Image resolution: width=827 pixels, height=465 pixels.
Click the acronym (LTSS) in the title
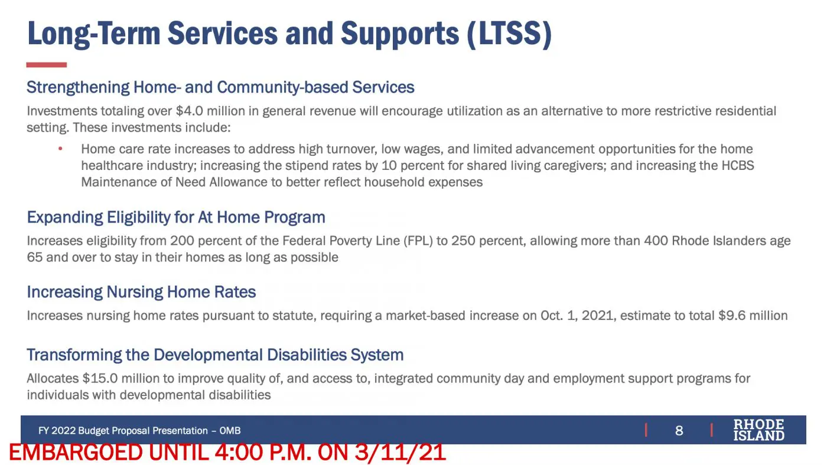[x=509, y=34]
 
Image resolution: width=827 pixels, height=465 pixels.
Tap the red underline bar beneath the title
[x=47, y=65]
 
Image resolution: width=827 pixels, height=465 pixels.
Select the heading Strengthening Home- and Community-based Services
[x=220, y=87]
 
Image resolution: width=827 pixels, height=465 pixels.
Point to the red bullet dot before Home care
[x=60, y=149]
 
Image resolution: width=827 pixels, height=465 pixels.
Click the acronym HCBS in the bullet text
[x=737, y=166]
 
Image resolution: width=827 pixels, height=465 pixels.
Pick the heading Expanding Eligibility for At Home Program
[x=176, y=217]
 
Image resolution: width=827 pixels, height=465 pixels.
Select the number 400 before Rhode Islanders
[x=656, y=241]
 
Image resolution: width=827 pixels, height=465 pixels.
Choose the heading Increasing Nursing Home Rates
[x=141, y=292]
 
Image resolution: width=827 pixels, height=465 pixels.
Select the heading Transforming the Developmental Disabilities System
[x=215, y=355]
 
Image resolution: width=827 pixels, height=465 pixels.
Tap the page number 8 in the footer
[x=679, y=430]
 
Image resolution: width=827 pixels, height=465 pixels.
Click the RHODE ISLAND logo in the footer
[x=758, y=430]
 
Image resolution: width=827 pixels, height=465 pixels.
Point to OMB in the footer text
[x=230, y=431]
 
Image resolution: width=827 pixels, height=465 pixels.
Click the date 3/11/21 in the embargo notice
[x=401, y=453]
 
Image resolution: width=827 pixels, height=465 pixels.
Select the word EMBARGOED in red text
[x=76, y=453]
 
